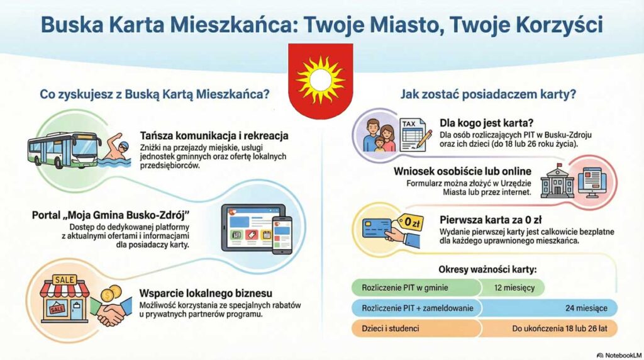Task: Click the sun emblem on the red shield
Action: [x=321, y=79]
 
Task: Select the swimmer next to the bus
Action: [x=115, y=150]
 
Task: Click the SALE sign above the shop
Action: [x=65, y=279]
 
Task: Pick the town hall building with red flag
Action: [x=557, y=183]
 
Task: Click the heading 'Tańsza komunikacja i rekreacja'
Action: [x=214, y=135]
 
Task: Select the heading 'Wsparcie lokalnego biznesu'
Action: [x=205, y=293]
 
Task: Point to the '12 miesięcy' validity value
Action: [x=513, y=287]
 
